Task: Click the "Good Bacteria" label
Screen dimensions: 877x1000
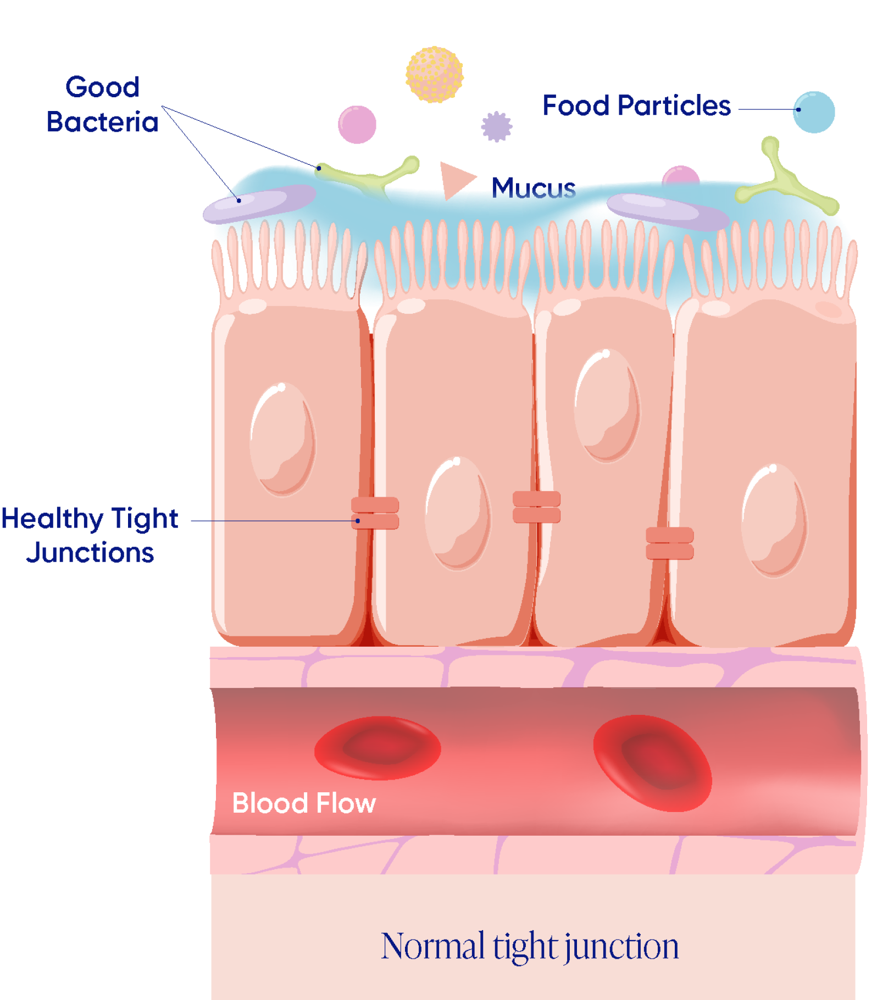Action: click(102, 104)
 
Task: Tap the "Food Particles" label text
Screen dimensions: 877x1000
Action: click(636, 105)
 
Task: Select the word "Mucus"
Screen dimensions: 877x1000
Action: click(533, 187)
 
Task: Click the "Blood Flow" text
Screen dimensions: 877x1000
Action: click(304, 803)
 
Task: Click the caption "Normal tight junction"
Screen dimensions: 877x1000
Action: click(530, 946)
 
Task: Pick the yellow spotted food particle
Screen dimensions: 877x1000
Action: click(435, 75)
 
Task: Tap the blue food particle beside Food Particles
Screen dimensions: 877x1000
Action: click(814, 112)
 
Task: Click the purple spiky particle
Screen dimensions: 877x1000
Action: click(497, 127)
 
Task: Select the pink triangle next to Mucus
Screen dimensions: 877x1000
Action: click(455, 179)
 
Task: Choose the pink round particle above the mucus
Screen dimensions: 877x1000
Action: click(357, 125)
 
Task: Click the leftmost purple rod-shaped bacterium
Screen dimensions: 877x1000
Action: click(259, 204)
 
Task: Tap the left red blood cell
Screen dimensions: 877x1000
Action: click(378, 748)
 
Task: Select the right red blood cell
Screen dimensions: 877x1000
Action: click(652, 763)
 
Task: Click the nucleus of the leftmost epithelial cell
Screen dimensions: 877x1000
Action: click(283, 440)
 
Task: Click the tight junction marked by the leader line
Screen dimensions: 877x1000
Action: click(375, 513)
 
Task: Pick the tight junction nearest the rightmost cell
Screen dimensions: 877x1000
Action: click(670, 543)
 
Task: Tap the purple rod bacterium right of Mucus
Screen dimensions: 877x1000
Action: click(668, 212)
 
